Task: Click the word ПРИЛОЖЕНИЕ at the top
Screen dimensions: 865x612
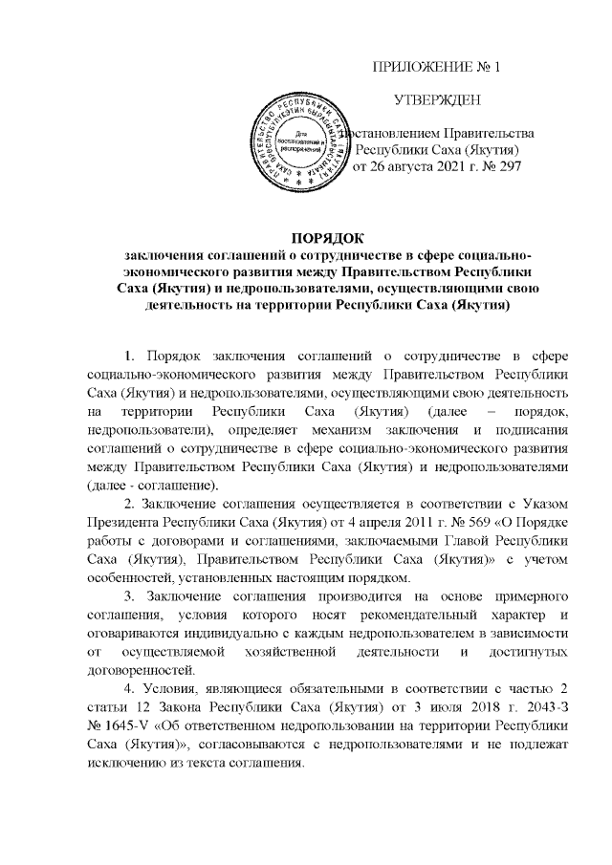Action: [x=416, y=67]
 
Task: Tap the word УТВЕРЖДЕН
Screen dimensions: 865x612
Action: [x=437, y=100]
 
